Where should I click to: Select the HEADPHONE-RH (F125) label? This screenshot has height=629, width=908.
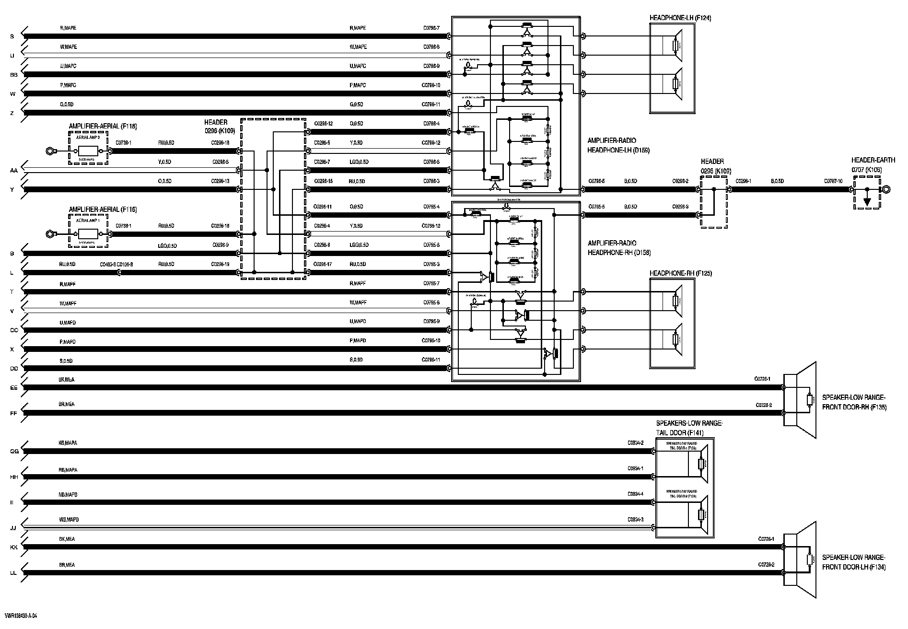(x=680, y=274)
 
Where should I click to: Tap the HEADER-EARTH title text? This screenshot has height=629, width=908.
(x=873, y=161)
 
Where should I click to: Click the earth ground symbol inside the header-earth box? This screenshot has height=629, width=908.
(x=867, y=201)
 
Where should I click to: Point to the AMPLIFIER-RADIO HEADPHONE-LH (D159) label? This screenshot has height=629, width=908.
(x=618, y=146)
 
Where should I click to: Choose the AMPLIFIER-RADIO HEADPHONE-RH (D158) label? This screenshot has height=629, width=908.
(x=619, y=248)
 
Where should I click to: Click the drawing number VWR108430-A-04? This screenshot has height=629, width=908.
(x=21, y=616)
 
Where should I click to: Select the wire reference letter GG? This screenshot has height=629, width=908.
(x=14, y=452)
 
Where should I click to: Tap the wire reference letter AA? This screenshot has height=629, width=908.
(x=14, y=171)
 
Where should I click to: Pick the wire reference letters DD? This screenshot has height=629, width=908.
(x=14, y=369)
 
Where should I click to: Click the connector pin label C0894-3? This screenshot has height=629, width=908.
(x=635, y=520)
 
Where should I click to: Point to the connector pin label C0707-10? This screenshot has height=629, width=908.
(x=833, y=181)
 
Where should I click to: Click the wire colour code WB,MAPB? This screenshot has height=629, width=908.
(x=69, y=520)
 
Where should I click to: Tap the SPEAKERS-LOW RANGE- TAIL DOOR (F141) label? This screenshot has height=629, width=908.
(x=689, y=428)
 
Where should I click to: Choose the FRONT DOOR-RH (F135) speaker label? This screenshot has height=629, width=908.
(x=854, y=403)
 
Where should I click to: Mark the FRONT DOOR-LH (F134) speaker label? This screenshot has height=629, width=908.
(x=854, y=562)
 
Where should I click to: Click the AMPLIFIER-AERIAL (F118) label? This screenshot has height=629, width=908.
(x=103, y=127)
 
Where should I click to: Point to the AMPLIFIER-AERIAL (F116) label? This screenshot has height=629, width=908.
(x=103, y=210)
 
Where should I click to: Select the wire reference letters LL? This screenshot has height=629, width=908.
(x=14, y=573)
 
